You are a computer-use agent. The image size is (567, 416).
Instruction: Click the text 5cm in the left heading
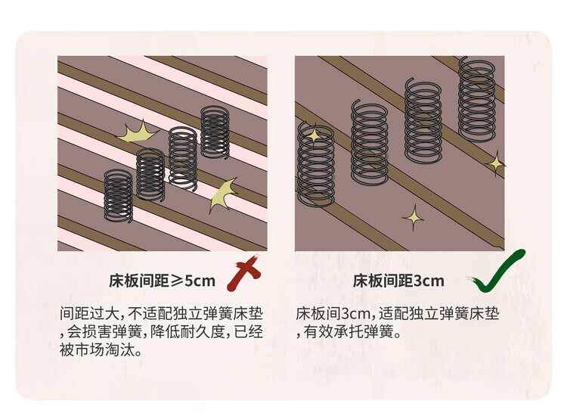pyautogui.click(x=200, y=281)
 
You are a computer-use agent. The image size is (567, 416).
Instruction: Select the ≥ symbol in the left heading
pyautogui.click(x=175, y=281)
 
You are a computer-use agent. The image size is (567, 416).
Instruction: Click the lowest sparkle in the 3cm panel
pyautogui.click(x=413, y=218)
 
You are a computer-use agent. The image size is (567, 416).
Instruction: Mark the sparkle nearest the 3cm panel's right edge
pyautogui.click(x=496, y=162)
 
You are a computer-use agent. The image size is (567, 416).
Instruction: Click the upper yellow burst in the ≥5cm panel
pyautogui.click(x=137, y=135)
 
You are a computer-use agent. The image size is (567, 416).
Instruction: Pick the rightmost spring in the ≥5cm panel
pyautogui.click(x=215, y=132)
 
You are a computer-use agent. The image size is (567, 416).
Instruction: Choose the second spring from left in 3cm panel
pyautogui.click(x=369, y=144)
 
